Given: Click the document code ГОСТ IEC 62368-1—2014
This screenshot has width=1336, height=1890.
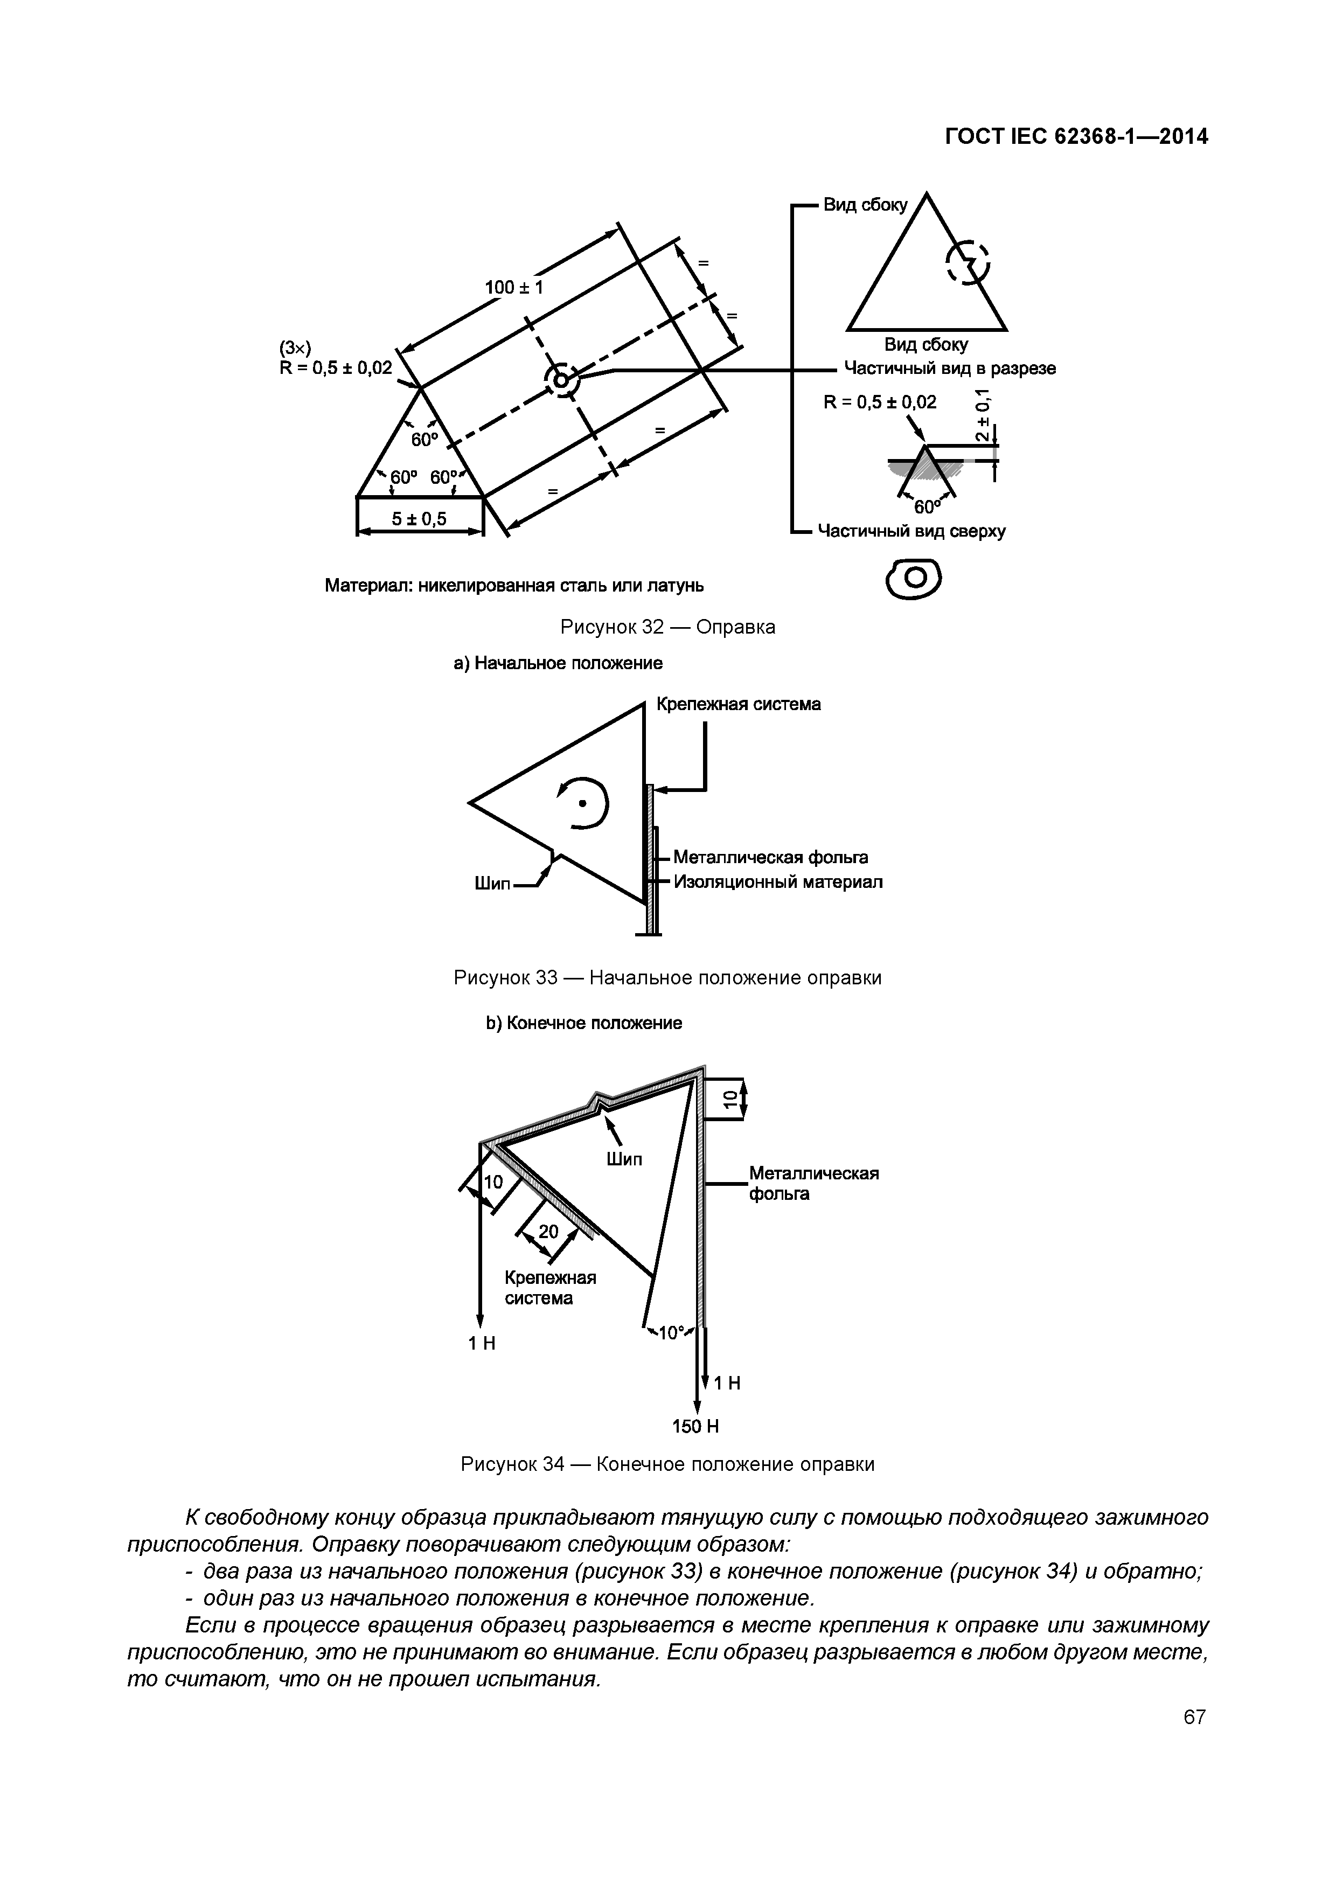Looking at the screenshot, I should [x=1076, y=137].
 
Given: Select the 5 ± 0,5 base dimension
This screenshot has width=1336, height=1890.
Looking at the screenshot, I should [x=419, y=519].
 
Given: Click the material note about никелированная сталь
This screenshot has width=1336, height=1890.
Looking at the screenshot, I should [x=514, y=585].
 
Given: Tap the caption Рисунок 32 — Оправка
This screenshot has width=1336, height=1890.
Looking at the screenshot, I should [x=667, y=627].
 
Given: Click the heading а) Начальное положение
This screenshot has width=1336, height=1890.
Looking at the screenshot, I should [x=558, y=663].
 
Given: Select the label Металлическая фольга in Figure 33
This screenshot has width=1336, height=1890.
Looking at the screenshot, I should [x=770, y=858].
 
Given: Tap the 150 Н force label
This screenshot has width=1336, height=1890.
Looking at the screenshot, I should [x=695, y=1427].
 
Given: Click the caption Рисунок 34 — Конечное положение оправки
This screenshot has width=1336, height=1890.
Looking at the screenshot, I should [x=667, y=1464].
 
